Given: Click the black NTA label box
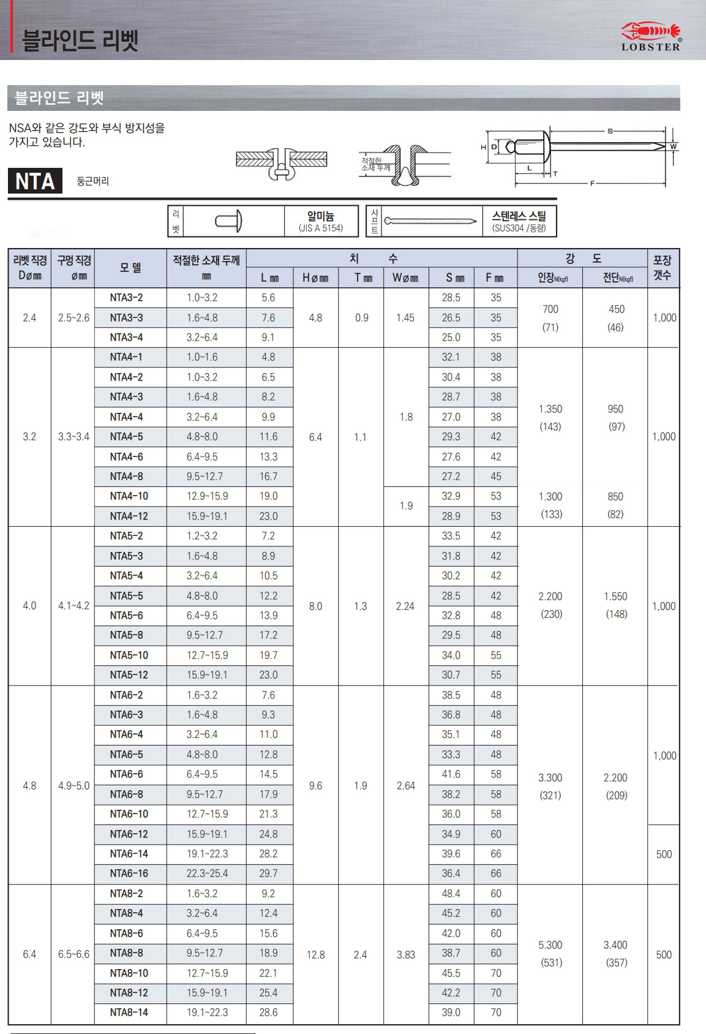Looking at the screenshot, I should click(x=35, y=181).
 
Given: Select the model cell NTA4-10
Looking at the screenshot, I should click(x=129, y=496).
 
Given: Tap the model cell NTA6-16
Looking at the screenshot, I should click(x=129, y=874).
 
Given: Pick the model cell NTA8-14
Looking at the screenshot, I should click(x=129, y=1013).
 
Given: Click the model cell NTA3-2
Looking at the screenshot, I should click(x=127, y=298).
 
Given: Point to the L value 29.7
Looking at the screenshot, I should click(x=268, y=874).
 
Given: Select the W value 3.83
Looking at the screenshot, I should click(x=405, y=954).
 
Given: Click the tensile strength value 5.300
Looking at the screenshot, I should click(x=550, y=945).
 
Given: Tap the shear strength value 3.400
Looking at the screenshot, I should click(x=615, y=945).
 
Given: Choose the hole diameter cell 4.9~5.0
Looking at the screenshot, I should click(x=73, y=786).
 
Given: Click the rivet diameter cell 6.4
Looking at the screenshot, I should click(x=29, y=954).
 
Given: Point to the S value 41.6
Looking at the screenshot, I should click(x=451, y=774).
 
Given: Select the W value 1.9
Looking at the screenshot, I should click(x=406, y=506).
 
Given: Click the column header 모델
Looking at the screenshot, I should click(x=130, y=268).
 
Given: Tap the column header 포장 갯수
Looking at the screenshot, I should click(x=663, y=268).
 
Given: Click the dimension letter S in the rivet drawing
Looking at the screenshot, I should click(x=610, y=131).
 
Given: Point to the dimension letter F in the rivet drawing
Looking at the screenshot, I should click(x=592, y=183).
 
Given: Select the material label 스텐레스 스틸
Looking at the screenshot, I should click(x=519, y=216).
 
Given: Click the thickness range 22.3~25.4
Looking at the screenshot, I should click(x=207, y=874).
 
